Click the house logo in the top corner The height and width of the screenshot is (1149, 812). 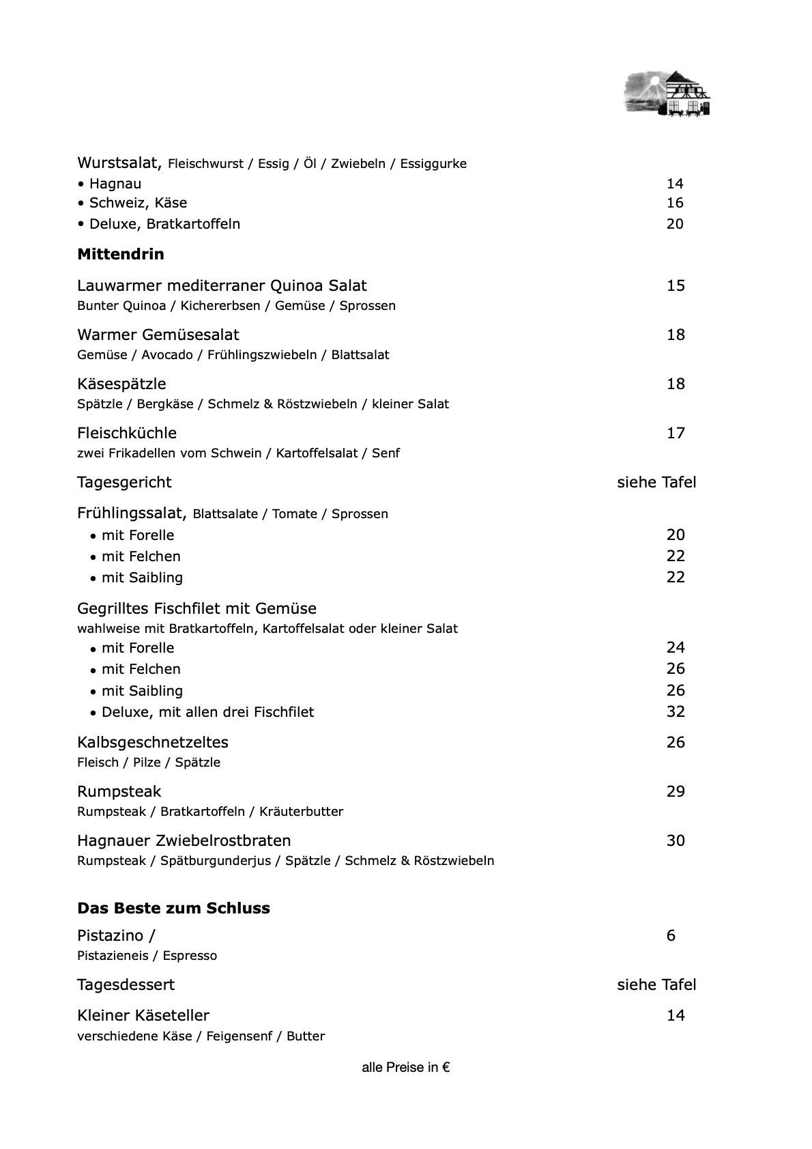tap(667, 94)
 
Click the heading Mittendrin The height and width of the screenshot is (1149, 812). tap(121, 255)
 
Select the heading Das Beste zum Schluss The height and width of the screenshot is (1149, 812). tap(173, 908)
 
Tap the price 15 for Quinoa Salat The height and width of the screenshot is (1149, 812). tap(676, 285)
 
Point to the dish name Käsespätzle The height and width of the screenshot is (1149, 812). tap(121, 384)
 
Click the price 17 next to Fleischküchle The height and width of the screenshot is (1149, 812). tap(676, 433)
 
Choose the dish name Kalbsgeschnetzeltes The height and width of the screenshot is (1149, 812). tap(153, 742)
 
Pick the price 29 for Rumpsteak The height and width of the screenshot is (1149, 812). tap(676, 791)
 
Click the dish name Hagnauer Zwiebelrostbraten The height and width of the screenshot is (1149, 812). tap(184, 840)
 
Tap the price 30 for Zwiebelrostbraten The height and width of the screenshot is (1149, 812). tap(676, 840)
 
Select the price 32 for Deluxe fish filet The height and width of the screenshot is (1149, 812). tap(676, 711)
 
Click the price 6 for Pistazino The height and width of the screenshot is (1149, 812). tap(671, 935)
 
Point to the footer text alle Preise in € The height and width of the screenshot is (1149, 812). tap(405, 1068)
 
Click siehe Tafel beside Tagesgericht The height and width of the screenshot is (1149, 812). tap(656, 482)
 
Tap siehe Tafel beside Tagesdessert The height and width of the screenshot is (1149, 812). tap(656, 984)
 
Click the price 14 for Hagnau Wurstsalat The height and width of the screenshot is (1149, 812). tap(675, 184)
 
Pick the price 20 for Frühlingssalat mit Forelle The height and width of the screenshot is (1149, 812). tap(676, 535)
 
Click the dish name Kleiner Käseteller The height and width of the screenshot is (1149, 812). tap(143, 1015)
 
